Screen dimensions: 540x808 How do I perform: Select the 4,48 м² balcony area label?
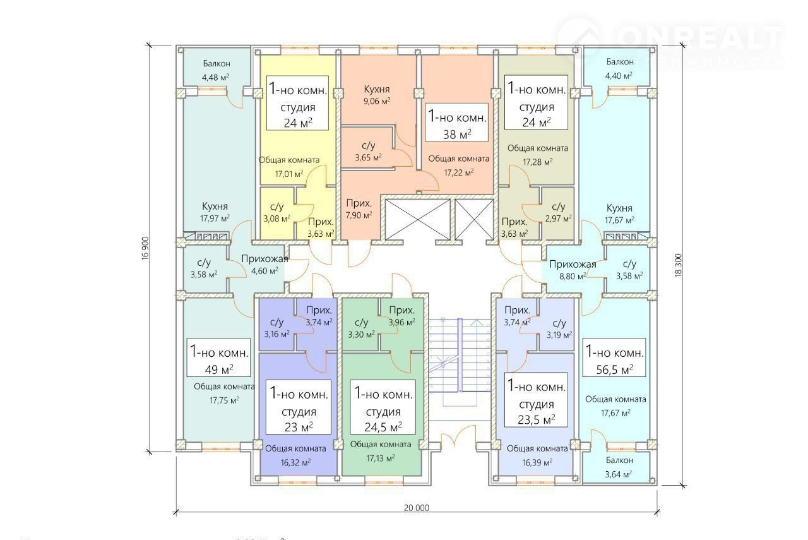click(x=215, y=77)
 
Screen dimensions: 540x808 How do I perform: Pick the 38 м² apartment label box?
click(x=458, y=124)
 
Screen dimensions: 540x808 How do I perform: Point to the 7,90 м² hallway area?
click(x=359, y=215)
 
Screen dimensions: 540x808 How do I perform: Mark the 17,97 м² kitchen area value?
click(x=215, y=219)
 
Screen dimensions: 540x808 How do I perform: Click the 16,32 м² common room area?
click(x=295, y=462)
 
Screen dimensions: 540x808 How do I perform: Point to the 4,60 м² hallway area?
click(x=264, y=271)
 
